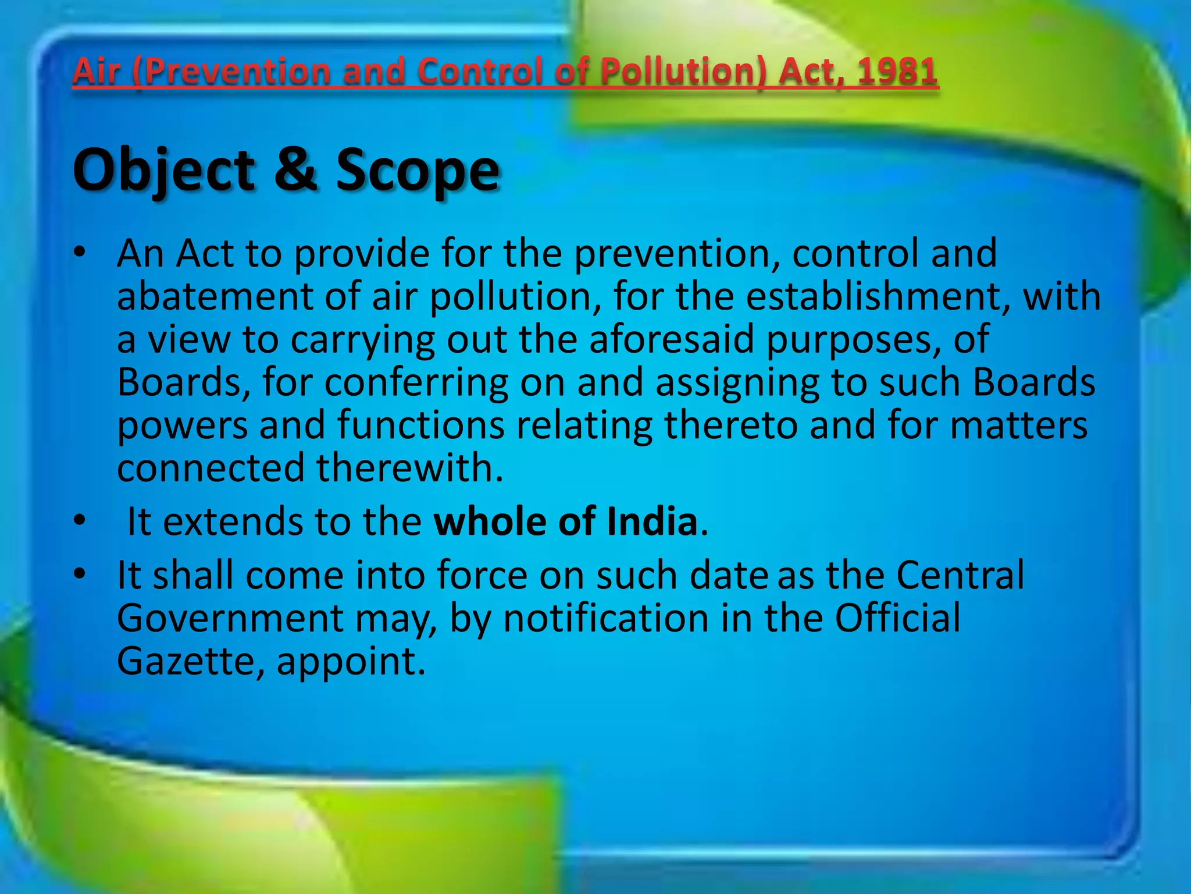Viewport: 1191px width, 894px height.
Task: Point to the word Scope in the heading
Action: pyautogui.click(x=418, y=170)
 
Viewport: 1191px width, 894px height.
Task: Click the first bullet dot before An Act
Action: pyautogui.click(x=80, y=252)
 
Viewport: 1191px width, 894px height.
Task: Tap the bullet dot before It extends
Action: pyautogui.click(x=80, y=520)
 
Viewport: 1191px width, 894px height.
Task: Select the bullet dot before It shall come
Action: pyautogui.click(x=80, y=574)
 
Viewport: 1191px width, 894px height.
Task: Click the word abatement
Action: pyautogui.click(x=215, y=296)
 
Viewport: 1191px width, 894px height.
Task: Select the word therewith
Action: pyautogui.click(x=409, y=467)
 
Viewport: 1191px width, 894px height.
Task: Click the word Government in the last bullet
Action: pyautogui.click(x=230, y=618)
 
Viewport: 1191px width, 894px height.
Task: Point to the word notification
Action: pyautogui.click(x=605, y=618)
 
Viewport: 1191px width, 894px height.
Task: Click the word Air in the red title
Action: pyautogui.click(x=97, y=72)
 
